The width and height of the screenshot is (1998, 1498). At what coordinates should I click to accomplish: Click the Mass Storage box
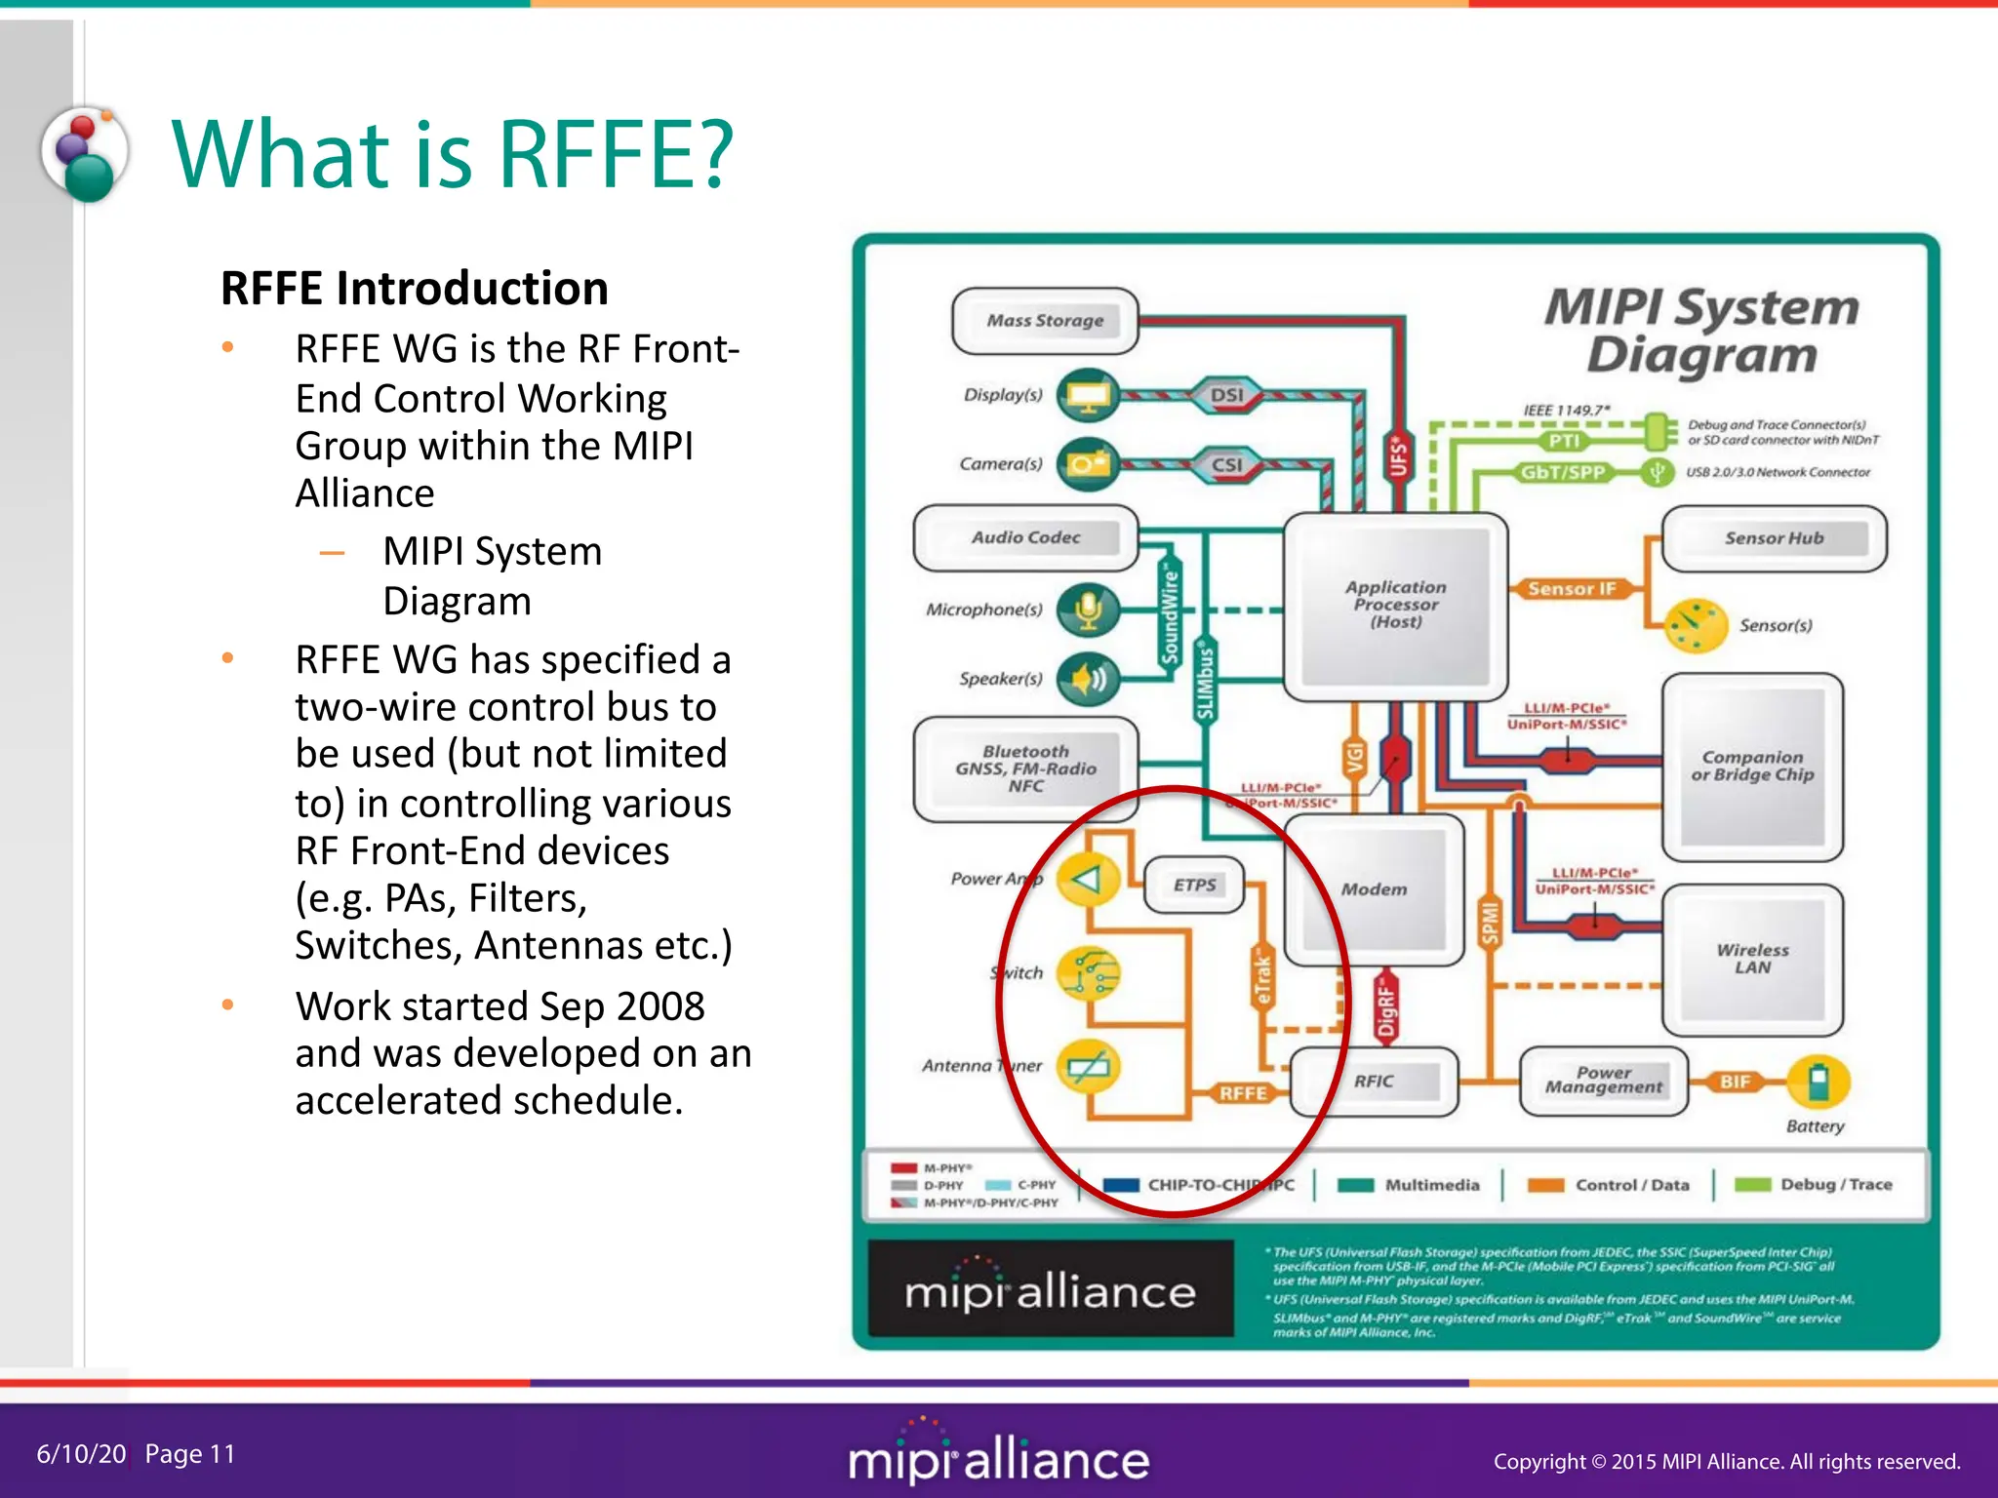click(x=1045, y=321)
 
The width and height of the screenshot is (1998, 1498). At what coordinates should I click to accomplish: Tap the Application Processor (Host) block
click(x=1395, y=605)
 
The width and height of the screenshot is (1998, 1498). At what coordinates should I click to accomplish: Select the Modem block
click(x=1374, y=889)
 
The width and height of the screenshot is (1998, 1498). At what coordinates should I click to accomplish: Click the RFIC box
click(x=1374, y=1082)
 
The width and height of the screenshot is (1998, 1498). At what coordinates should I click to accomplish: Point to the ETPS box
click(x=1194, y=886)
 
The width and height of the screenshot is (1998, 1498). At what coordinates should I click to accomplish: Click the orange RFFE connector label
click(x=1243, y=1093)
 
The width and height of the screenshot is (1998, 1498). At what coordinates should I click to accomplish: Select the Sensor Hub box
click(x=1774, y=538)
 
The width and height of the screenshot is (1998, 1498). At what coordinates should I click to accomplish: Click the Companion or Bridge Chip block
click(x=1752, y=767)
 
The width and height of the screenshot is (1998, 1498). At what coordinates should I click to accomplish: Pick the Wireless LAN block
click(x=1752, y=959)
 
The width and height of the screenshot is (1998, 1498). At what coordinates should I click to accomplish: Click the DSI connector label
click(x=1227, y=395)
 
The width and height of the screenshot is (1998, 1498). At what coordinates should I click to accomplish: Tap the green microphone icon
click(x=1088, y=611)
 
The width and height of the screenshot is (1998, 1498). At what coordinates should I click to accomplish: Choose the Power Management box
click(x=1603, y=1081)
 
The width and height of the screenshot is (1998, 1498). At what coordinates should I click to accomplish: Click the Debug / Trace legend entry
click(x=1815, y=1185)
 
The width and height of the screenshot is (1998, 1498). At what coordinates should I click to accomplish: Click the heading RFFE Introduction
click(x=415, y=289)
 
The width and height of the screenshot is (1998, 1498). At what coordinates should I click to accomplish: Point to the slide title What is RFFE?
click(x=452, y=154)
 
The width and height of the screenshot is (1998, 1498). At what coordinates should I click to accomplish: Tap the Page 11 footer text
click(x=190, y=1454)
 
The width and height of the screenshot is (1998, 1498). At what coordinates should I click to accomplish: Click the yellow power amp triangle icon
click(x=1087, y=879)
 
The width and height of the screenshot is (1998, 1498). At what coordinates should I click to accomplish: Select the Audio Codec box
click(x=1025, y=537)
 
